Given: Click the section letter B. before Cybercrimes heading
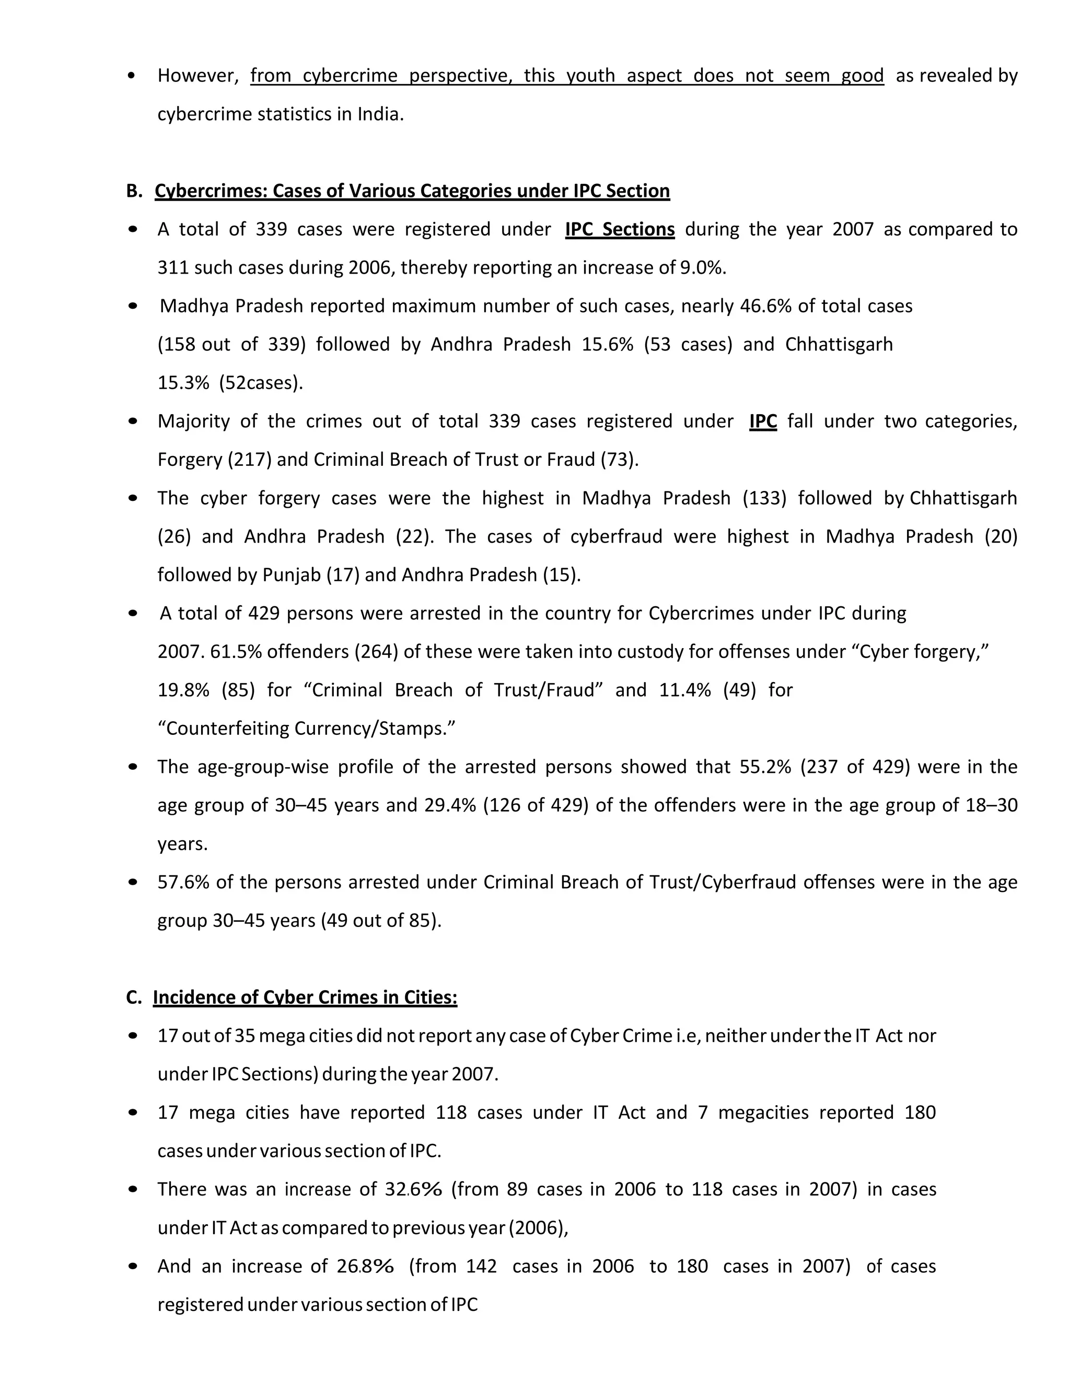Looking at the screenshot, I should tap(134, 191).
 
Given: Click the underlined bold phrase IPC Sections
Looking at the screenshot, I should tap(619, 229).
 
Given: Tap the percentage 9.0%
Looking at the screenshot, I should tap(702, 267).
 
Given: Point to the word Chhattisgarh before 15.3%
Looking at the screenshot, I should tap(839, 344).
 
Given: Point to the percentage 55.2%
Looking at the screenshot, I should tap(765, 767).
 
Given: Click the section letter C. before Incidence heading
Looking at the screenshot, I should tap(134, 998).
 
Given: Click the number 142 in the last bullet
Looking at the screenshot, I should tap(481, 1266).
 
